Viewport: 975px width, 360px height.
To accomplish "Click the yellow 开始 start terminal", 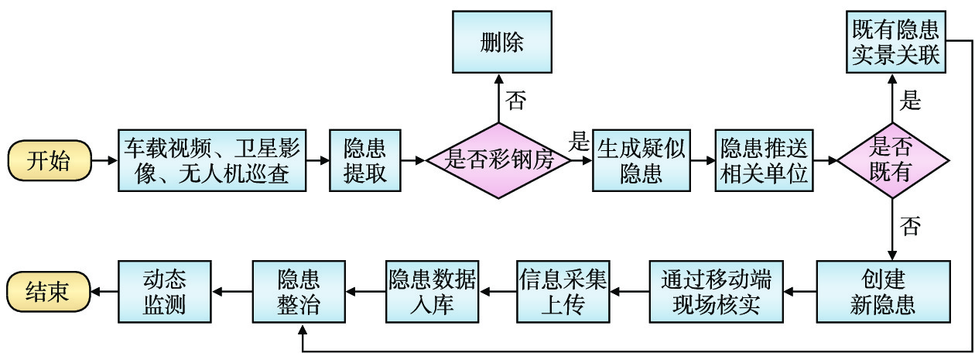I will click(x=48, y=161).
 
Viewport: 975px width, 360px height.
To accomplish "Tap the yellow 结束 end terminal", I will click(x=48, y=291).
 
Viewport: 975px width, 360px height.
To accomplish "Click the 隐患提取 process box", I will click(x=365, y=160).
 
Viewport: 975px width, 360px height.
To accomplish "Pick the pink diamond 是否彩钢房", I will click(x=498, y=160).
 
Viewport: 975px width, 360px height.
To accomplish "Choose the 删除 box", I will click(x=501, y=43).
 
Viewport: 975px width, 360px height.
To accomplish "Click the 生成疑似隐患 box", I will click(x=641, y=160).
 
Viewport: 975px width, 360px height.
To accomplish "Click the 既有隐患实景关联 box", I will click(x=895, y=43).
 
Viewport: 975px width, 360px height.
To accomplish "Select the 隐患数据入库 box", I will click(x=433, y=291).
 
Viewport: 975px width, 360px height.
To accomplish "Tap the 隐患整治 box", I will click(x=299, y=291).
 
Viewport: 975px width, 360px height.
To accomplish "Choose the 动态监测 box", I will click(x=165, y=291).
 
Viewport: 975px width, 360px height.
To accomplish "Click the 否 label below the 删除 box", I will click(x=517, y=100).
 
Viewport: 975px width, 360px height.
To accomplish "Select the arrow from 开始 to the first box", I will click(x=104, y=161).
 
